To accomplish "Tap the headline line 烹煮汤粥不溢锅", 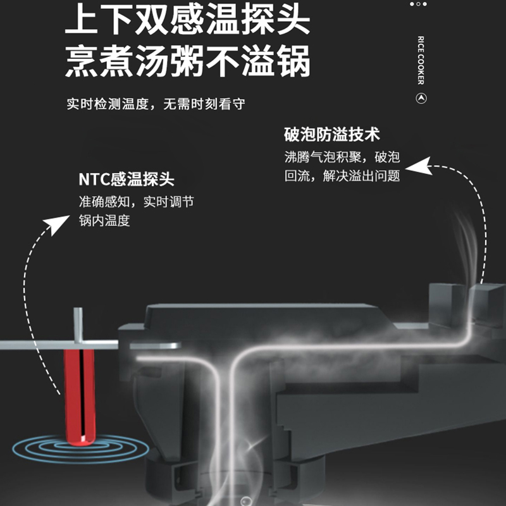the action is click(x=187, y=61).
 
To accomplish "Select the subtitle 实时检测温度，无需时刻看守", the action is click(x=156, y=104).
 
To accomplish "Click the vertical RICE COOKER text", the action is click(x=421, y=60).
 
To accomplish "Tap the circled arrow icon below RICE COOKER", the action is click(x=421, y=98).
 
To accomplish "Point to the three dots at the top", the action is click(x=418, y=4).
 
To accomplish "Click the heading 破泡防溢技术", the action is click(x=332, y=134).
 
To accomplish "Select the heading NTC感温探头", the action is click(x=126, y=179).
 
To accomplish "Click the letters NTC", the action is click(x=94, y=180).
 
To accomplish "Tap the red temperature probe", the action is click(x=80, y=397).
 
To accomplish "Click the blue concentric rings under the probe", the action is click(x=81, y=448).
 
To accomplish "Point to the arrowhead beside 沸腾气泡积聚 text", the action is click(x=418, y=166).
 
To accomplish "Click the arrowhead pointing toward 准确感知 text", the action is click(x=57, y=225).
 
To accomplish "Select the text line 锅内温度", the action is click(x=104, y=221).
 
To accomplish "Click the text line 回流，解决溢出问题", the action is click(x=342, y=176).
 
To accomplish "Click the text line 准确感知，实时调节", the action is click(x=137, y=202).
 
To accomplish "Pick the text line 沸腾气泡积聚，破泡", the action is click(x=342, y=157).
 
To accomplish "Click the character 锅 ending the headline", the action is click(x=294, y=61).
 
